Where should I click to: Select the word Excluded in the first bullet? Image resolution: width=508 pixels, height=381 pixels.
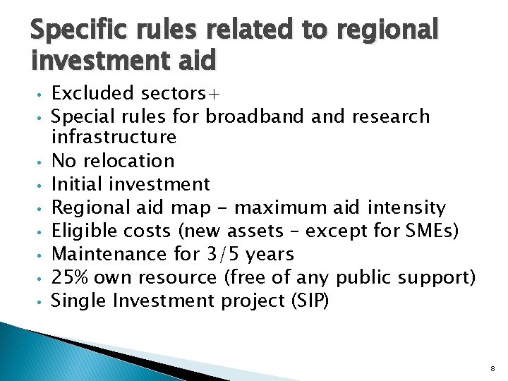(x=93, y=93)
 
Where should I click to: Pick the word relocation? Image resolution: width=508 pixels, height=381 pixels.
(x=136, y=161)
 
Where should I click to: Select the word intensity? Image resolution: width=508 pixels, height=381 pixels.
(x=407, y=207)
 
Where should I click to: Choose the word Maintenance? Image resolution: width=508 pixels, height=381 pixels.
(x=109, y=253)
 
